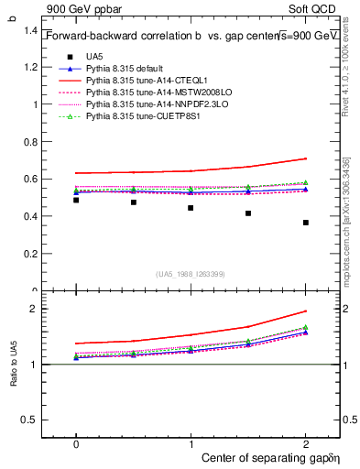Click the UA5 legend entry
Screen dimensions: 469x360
coord(93,57)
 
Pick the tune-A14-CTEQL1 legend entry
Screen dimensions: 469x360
coord(145,82)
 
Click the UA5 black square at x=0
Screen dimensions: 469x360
coord(76,200)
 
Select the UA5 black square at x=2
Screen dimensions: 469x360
coord(306,223)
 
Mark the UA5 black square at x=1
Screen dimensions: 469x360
coord(191,208)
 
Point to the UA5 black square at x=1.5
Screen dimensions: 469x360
coord(248,213)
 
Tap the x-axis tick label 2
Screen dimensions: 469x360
coord(306,443)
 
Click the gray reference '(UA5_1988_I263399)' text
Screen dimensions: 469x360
coord(191,273)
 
